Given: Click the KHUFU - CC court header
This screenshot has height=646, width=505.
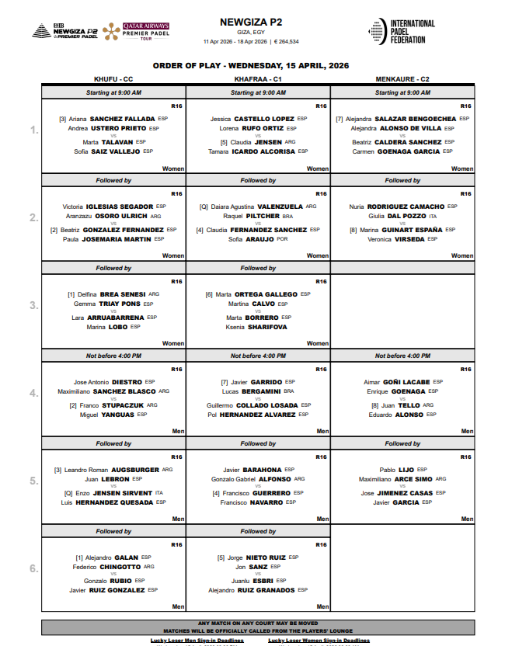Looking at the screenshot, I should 113,79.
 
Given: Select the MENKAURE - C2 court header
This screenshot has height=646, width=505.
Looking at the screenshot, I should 402,79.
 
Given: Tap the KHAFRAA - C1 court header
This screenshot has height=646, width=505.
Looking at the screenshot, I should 258,79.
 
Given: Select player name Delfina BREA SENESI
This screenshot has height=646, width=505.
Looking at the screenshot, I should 113,294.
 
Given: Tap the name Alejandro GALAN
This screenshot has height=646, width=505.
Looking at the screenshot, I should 112,557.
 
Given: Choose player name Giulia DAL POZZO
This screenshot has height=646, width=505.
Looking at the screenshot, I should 398,216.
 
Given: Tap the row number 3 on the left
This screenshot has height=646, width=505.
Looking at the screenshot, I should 33,305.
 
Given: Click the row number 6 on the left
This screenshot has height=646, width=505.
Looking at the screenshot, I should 33,568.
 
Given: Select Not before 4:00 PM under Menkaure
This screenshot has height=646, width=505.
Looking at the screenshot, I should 402,356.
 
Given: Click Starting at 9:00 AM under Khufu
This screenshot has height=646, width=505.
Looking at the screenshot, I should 113,92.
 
